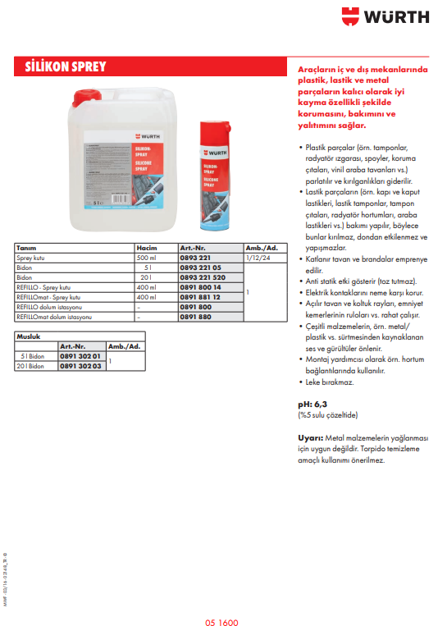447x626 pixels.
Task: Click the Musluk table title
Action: tap(29, 336)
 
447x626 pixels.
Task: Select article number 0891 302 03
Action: tap(80, 365)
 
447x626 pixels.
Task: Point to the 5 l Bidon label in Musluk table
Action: tap(30, 355)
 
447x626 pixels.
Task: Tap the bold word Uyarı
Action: tap(310, 437)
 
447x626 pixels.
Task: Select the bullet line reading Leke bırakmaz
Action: tap(331, 382)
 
